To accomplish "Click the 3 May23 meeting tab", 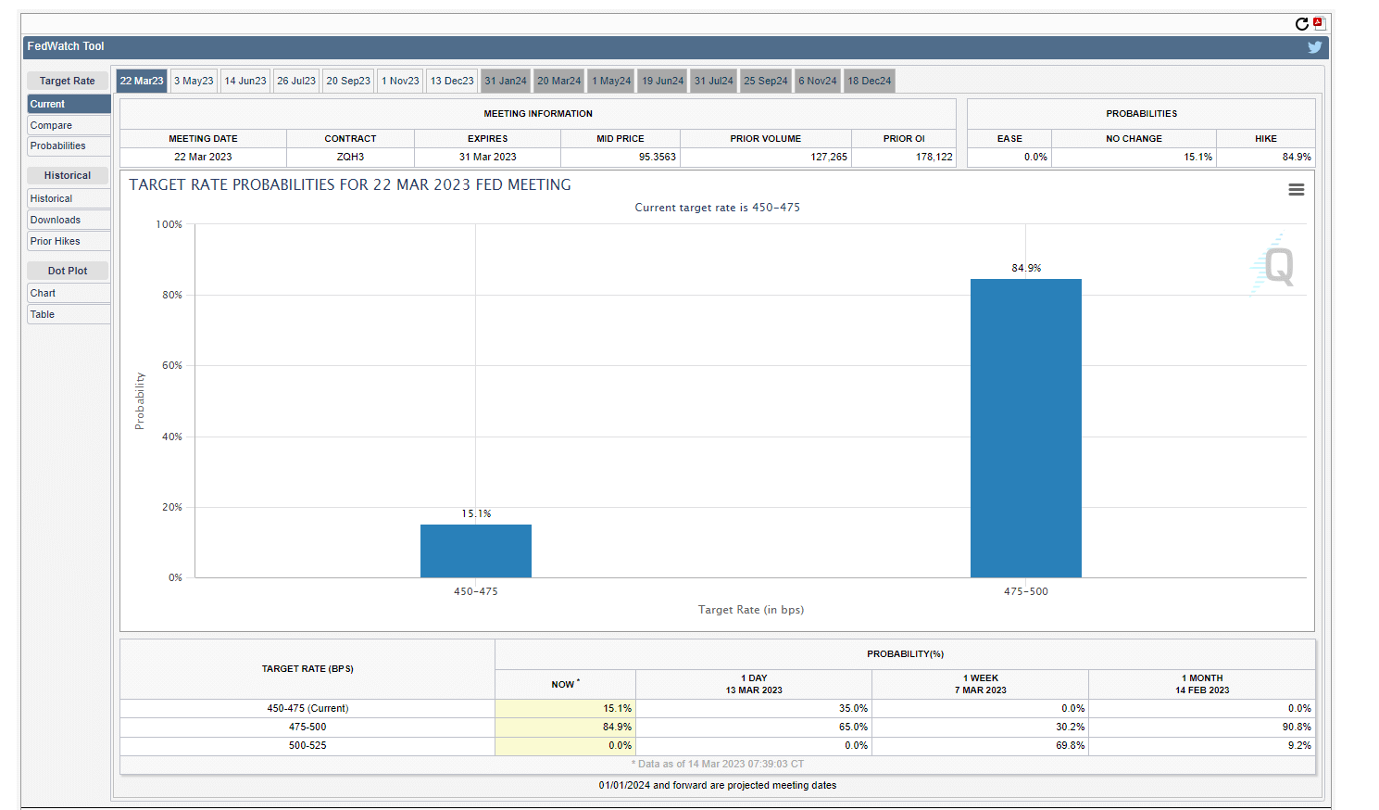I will pos(194,81).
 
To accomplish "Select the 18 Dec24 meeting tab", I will pos(869,81).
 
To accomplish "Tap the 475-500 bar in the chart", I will pos(1025,427).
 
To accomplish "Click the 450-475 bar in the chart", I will pos(475,551).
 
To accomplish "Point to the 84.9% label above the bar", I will pos(1026,268).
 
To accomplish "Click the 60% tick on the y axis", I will pos(172,365).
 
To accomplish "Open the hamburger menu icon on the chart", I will pos(1296,189).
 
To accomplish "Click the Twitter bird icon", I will pos(1314,47).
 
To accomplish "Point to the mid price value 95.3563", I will pos(657,157).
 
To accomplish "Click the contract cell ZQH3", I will pos(350,157).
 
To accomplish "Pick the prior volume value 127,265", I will pos(828,157).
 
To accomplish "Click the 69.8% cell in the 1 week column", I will pos(1070,745).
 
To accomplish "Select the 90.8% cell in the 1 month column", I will pos(1297,727).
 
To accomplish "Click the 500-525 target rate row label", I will pos(307,745).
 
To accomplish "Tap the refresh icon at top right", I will pos(1301,24).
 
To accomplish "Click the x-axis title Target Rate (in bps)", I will pos(750,610).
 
